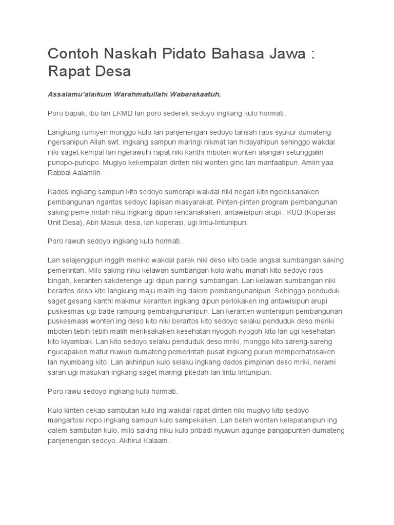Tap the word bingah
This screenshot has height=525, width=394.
coord(59,280)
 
